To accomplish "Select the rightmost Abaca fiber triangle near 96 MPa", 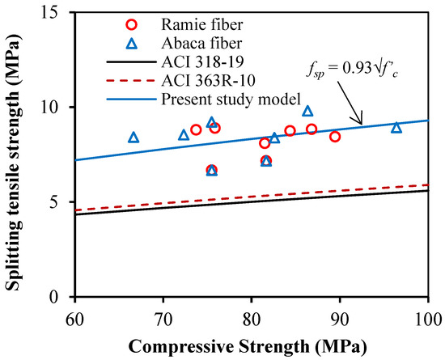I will point(396,127).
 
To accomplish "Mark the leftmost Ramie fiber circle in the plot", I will point(196,129).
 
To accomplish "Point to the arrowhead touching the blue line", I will point(362,124).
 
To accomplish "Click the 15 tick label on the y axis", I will point(58,13).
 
